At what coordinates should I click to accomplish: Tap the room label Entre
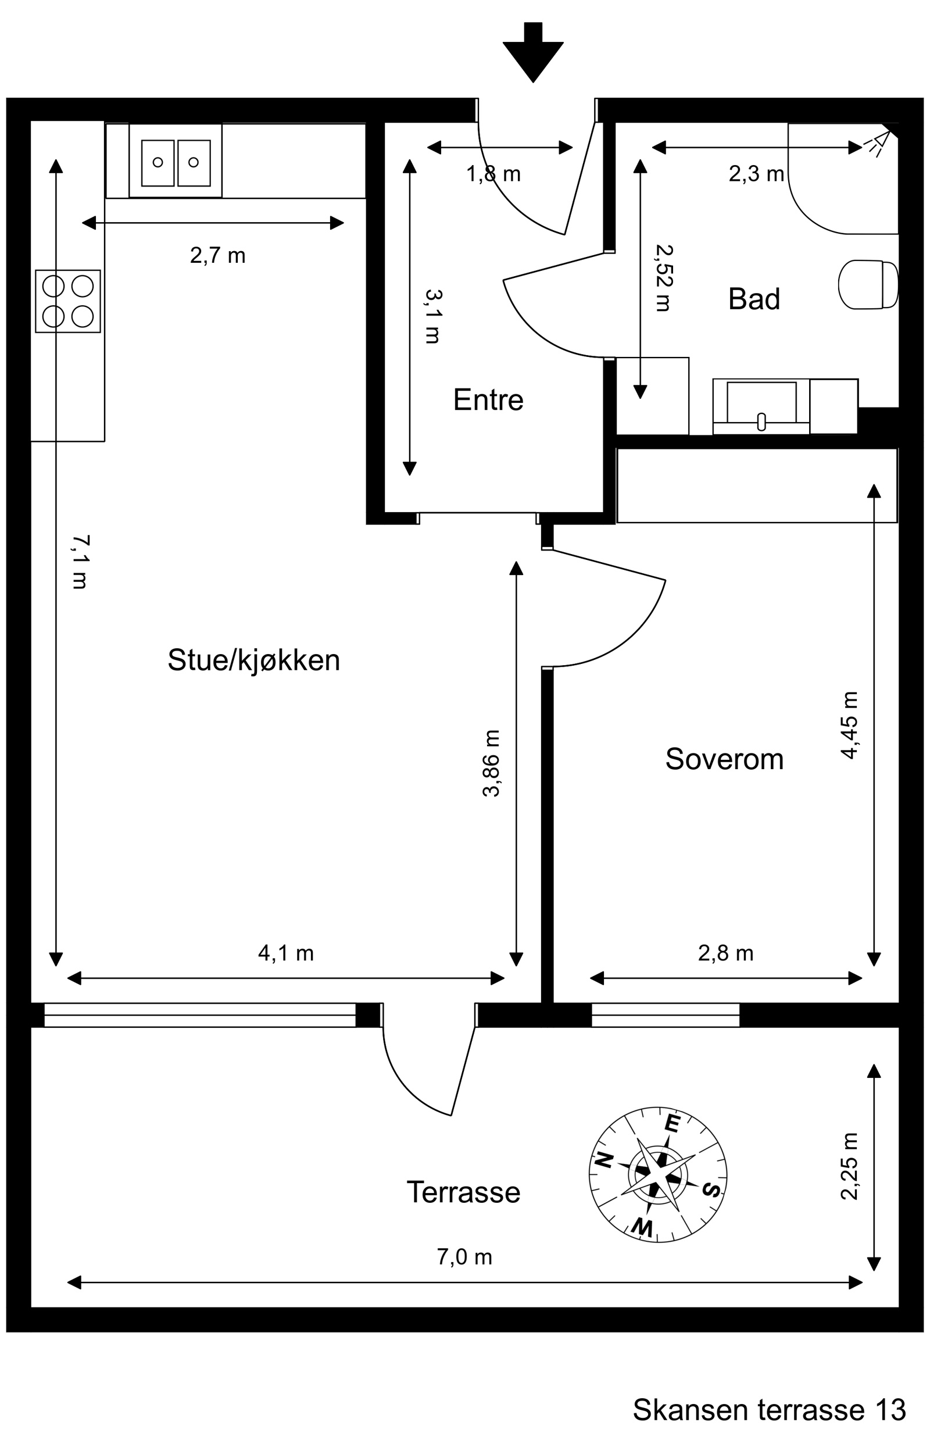[x=488, y=400]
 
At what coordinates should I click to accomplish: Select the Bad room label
[x=754, y=299]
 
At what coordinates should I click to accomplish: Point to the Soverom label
[x=724, y=759]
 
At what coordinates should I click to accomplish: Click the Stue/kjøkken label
[x=253, y=660]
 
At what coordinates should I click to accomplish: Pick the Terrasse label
[x=463, y=1192]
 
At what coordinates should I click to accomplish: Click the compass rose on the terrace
[x=657, y=1174]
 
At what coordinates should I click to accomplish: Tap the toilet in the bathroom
[x=868, y=285]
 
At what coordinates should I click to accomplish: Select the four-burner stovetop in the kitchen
[x=68, y=301]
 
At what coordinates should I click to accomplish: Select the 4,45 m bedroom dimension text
[x=849, y=725]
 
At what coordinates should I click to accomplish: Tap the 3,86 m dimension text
[x=491, y=763]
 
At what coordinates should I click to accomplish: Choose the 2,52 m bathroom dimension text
[x=663, y=278]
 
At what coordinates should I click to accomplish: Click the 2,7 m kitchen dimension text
[x=217, y=256]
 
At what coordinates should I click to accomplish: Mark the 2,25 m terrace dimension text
[x=849, y=1167]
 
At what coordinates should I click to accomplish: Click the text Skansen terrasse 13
[x=769, y=1409]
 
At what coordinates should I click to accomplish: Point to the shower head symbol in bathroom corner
[x=878, y=144]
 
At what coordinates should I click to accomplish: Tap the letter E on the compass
[x=672, y=1123]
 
